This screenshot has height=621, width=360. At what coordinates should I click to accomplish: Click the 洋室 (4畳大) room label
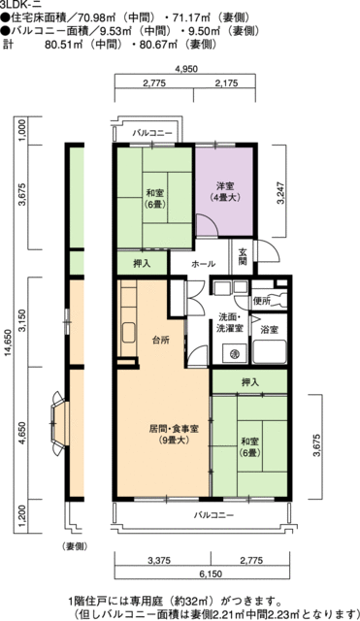226,191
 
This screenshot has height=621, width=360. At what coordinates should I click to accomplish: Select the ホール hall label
203,263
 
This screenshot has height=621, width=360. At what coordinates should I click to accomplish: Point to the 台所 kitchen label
160,340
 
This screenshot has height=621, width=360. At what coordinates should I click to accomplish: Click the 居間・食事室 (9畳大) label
159,433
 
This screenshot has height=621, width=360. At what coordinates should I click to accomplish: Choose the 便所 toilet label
261,302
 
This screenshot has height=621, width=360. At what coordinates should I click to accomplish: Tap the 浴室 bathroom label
269,331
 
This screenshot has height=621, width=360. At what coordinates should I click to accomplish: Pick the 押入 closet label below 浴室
249,382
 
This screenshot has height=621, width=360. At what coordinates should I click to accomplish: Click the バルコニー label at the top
152,131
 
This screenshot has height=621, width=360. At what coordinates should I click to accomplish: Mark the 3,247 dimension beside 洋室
280,190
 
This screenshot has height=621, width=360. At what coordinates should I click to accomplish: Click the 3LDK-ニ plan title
18,5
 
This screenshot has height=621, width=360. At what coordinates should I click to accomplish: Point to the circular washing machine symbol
234,355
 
